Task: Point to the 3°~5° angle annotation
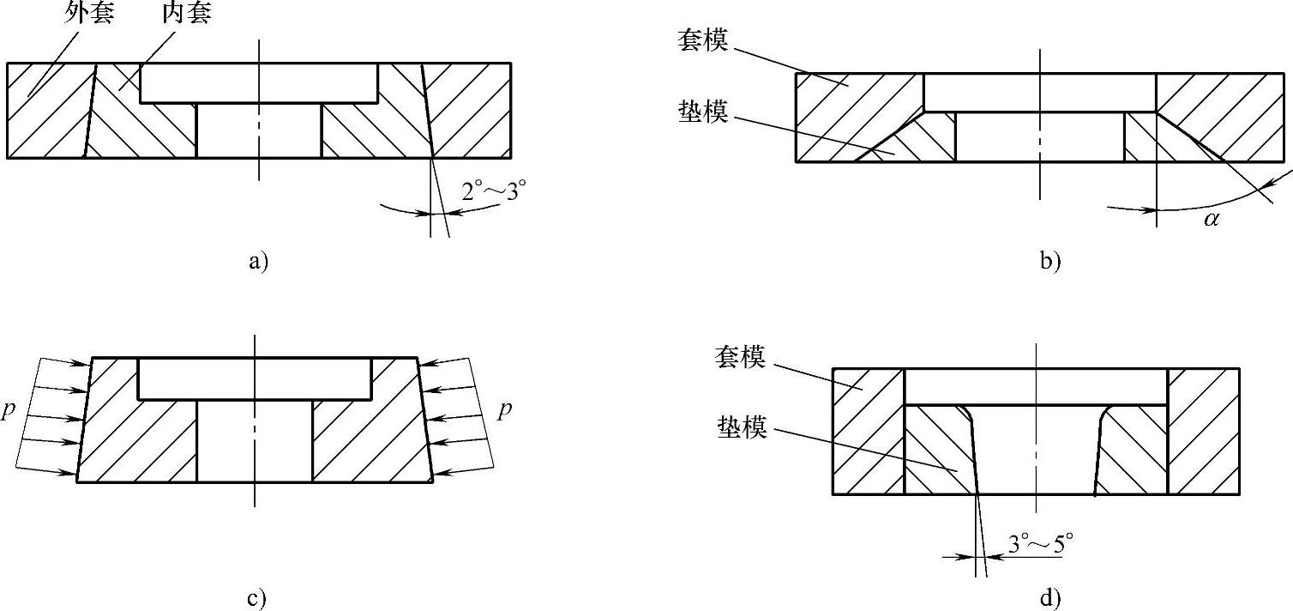pos(1041,542)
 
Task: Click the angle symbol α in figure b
pos(1211,220)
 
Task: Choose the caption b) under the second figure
pos(1050,261)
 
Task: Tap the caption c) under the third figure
pos(257,598)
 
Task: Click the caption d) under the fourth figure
pos(1050,598)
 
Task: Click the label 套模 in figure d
pos(740,357)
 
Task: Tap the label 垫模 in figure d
pos(740,427)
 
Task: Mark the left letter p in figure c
pos(8,410)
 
